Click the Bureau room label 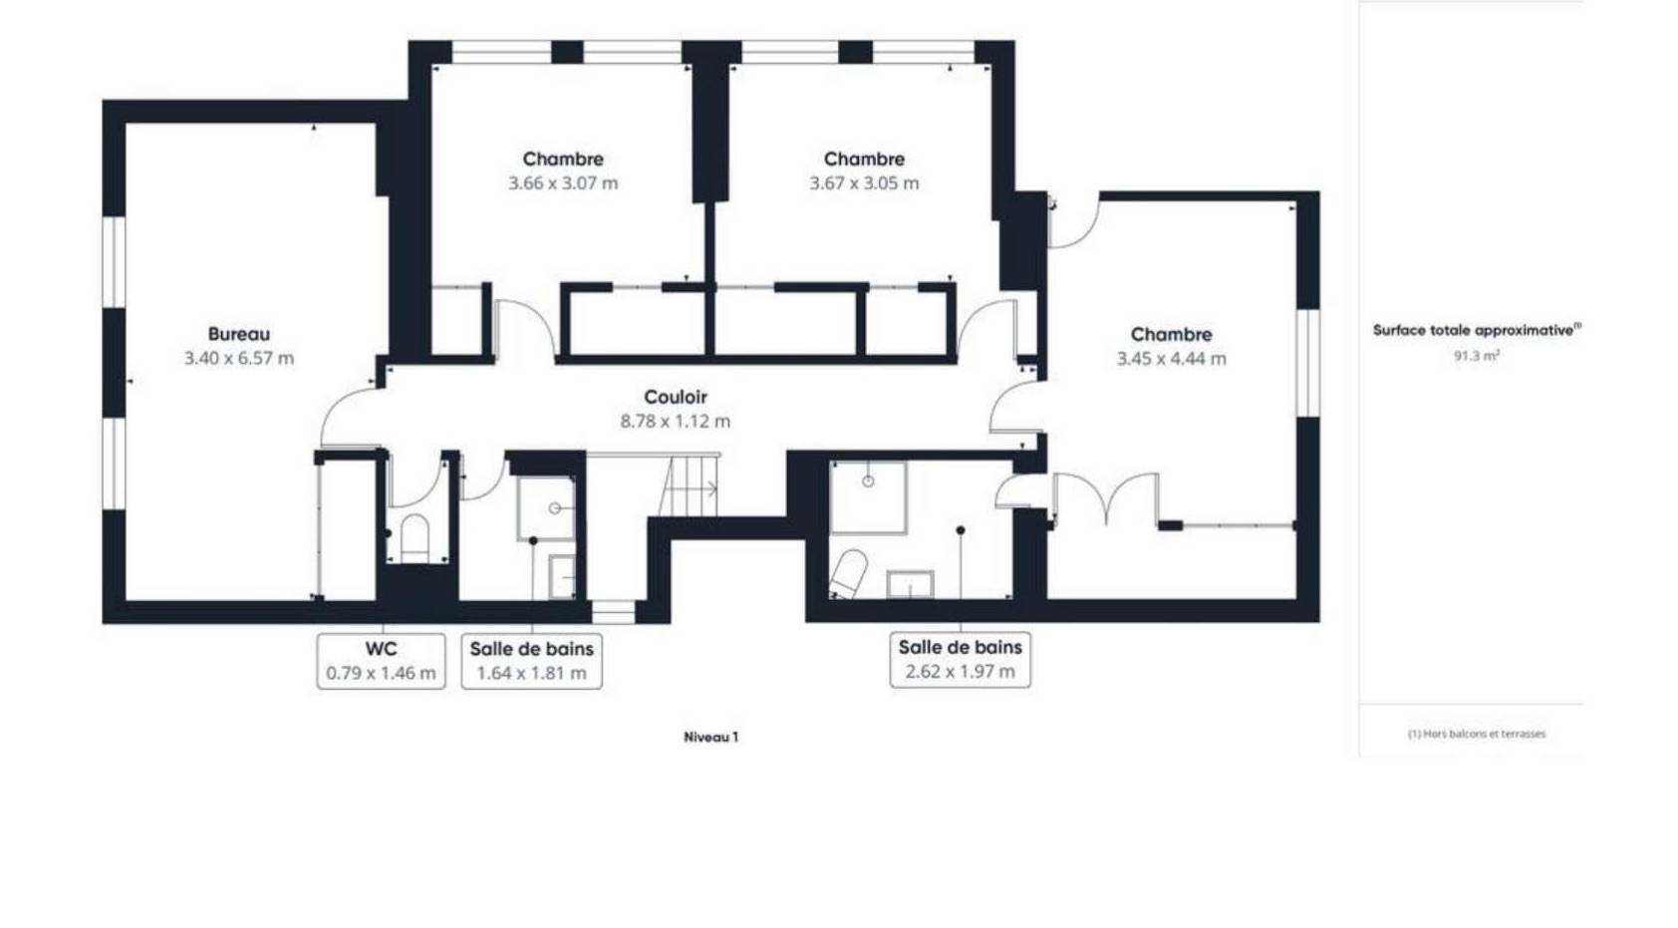tap(239, 334)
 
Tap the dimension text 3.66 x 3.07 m tap(563, 182)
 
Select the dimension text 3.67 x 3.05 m tap(864, 182)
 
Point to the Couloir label tap(675, 397)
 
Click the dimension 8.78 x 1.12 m tap(675, 422)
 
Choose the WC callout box tap(382, 661)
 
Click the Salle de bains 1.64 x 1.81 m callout tap(532, 661)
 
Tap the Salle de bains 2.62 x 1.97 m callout tap(961, 660)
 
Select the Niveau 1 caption tap(710, 737)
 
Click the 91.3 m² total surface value tap(1477, 356)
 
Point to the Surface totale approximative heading tap(1477, 330)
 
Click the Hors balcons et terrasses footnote tap(1477, 734)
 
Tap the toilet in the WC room tap(415, 537)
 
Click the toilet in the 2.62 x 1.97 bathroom tap(849, 574)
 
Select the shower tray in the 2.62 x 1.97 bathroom tap(868, 497)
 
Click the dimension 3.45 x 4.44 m tap(1172, 358)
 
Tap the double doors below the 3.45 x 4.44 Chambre tap(1106, 498)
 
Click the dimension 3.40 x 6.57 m tap(239, 358)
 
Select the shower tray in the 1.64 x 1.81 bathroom tap(546, 508)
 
